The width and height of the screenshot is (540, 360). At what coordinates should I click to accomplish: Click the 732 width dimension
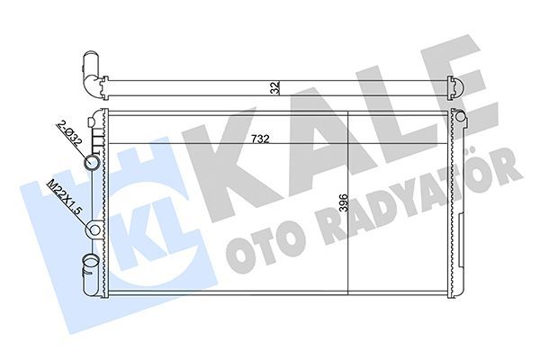[x=261, y=140]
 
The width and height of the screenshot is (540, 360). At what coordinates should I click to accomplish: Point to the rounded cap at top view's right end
[x=460, y=87]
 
